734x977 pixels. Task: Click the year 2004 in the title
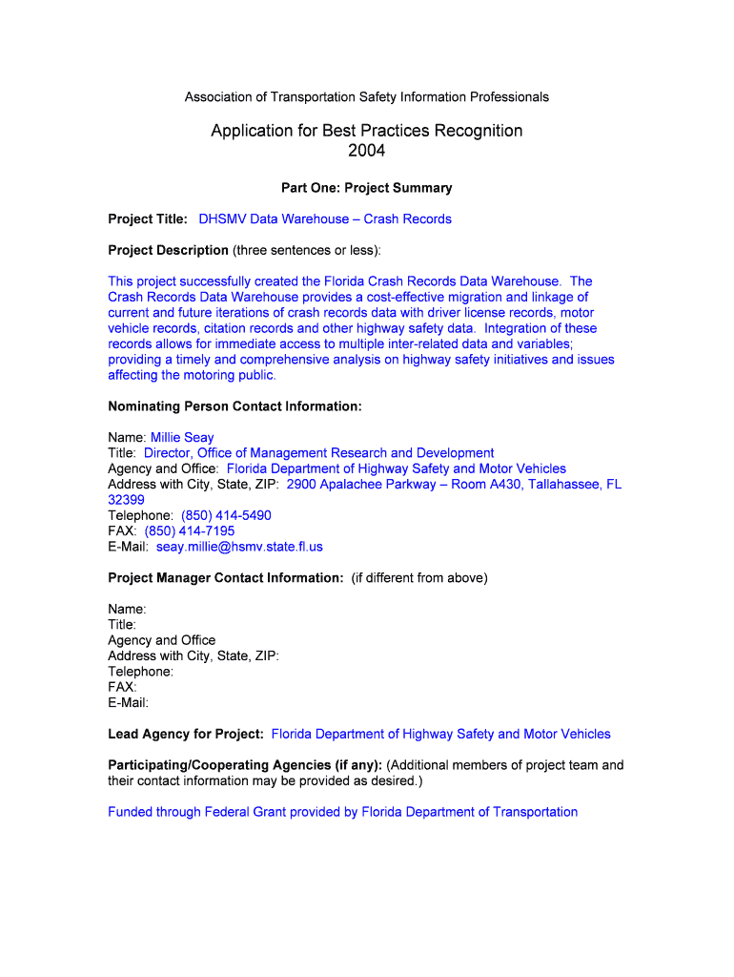point(366,151)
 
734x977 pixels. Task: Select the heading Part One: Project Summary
point(366,188)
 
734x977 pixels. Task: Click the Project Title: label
point(148,219)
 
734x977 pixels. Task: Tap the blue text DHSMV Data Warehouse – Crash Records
point(325,219)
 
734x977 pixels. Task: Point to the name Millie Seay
point(182,438)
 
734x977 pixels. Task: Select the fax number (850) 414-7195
point(190,531)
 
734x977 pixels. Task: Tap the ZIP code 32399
point(126,500)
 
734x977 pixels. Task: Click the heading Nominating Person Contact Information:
point(234,406)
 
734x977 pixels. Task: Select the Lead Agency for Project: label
point(186,734)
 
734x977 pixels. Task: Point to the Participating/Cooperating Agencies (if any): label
point(245,765)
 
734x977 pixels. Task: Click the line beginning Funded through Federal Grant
point(343,812)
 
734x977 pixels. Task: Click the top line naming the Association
point(366,97)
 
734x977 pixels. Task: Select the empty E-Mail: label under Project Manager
point(128,702)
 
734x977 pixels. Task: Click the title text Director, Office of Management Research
point(318,453)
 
